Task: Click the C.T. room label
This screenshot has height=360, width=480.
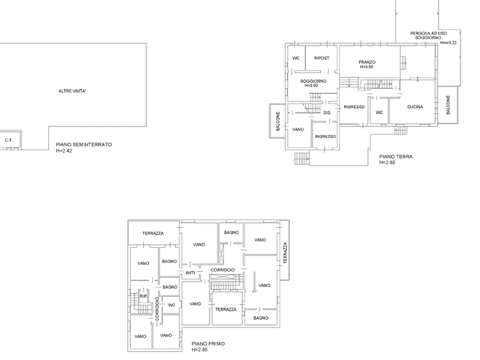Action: [9, 141]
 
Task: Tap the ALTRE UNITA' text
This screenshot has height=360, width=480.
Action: [72, 91]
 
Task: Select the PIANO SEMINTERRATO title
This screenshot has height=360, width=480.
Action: [84, 145]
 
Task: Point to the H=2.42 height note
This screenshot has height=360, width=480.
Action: [64, 150]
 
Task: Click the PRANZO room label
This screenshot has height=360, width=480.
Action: [367, 62]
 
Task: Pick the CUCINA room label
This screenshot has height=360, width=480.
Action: [415, 107]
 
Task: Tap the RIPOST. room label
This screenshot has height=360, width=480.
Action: [322, 58]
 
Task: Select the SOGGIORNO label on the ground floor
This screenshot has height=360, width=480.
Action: [313, 81]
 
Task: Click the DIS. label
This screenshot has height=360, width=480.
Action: [327, 113]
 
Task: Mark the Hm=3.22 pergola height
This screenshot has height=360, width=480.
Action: [448, 42]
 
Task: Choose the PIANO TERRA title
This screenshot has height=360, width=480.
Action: [396, 156]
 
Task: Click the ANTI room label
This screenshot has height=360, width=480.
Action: [190, 273]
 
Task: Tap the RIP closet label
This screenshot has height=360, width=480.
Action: [144, 296]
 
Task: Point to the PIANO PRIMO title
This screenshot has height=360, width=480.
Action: [208, 344]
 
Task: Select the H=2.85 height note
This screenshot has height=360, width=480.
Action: [199, 350]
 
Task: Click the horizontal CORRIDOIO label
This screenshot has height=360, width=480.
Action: [223, 270]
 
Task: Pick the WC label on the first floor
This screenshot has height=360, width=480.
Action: [171, 305]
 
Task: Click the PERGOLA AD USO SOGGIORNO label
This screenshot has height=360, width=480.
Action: [428, 35]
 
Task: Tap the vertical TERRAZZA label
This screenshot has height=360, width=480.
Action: [285, 253]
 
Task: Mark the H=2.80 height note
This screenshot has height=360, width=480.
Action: [387, 163]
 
